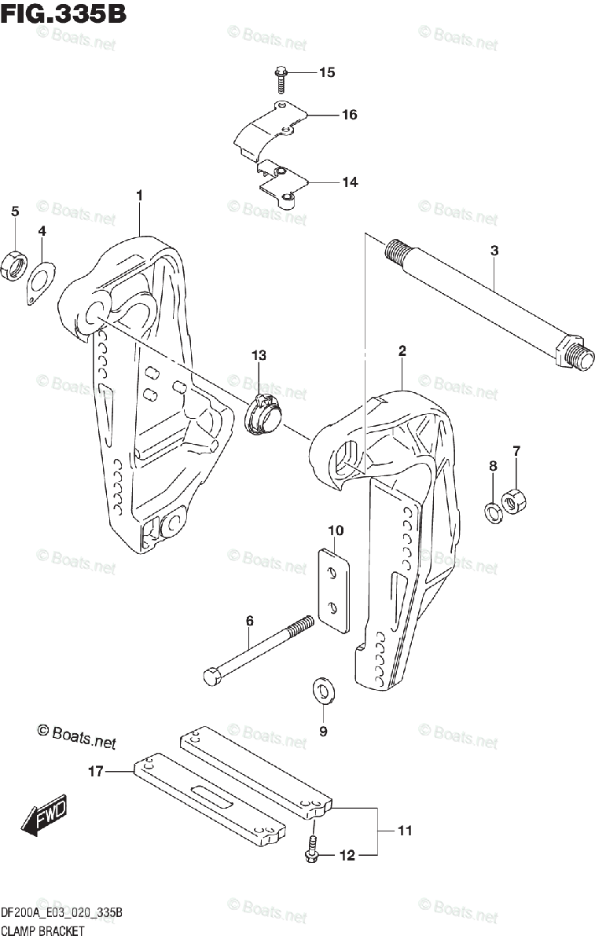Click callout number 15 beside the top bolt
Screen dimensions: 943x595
tap(326, 73)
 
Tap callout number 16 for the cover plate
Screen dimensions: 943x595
tap(349, 115)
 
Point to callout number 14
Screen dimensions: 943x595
tap(349, 182)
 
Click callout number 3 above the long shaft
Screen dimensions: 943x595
tap(494, 251)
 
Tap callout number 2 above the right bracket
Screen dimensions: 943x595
tap(402, 351)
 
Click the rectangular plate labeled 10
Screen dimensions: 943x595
tap(333, 589)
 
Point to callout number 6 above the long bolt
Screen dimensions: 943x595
tap(249, 621)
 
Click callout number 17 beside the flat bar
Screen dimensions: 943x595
tap(95, 772)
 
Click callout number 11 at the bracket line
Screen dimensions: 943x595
tap(404, 831)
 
